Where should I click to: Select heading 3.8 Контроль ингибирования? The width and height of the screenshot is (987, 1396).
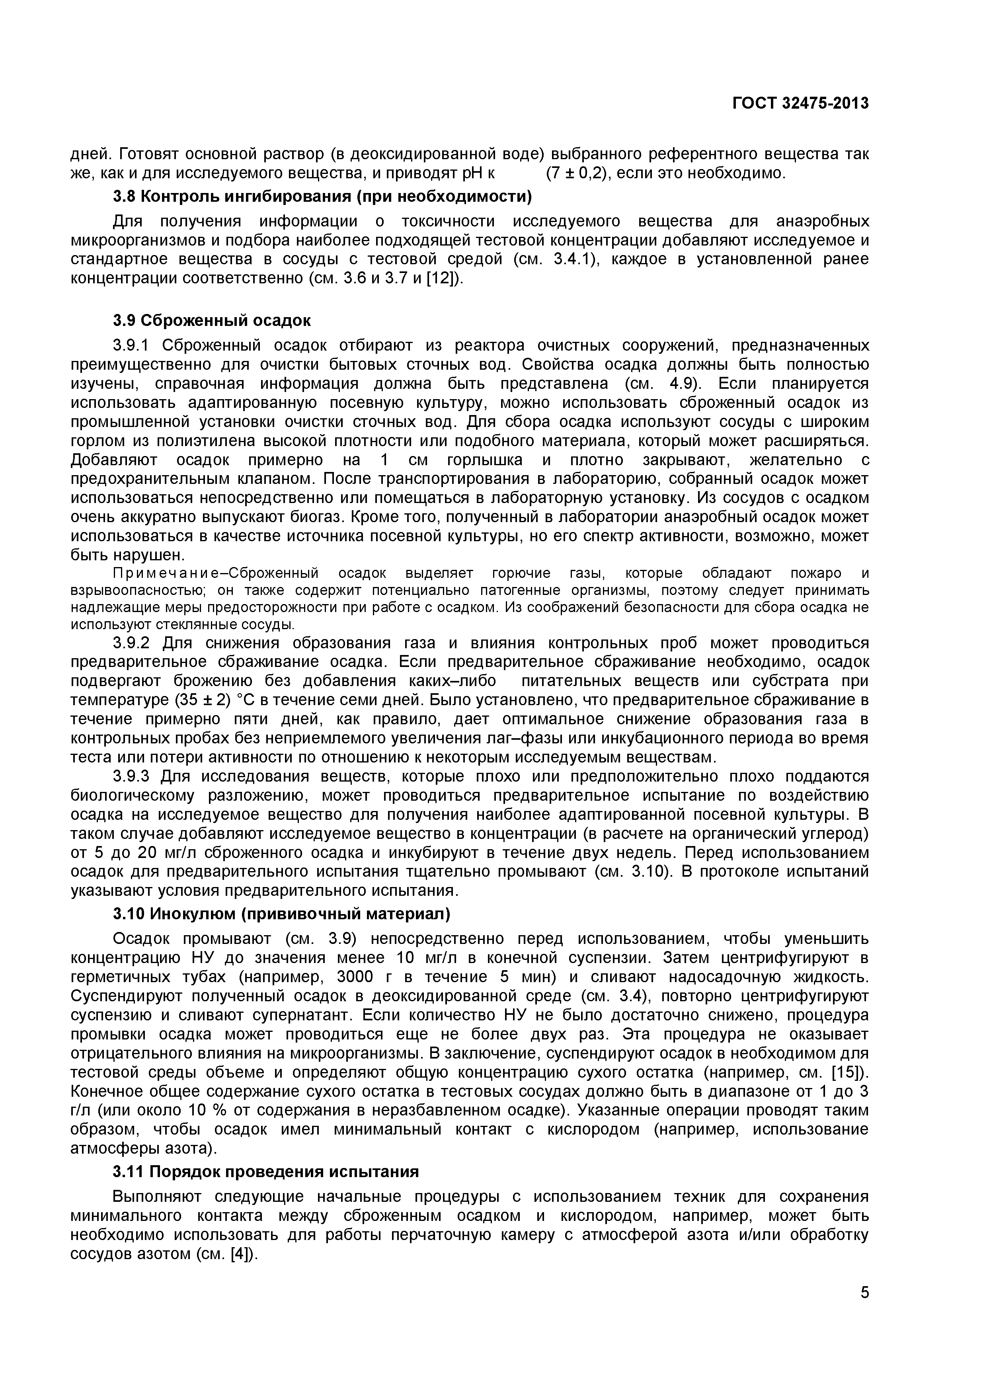pyautogui.click(x=322, y=197)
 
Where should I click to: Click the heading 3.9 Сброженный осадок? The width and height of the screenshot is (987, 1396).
pyautogui.click(x=212, y=320)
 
